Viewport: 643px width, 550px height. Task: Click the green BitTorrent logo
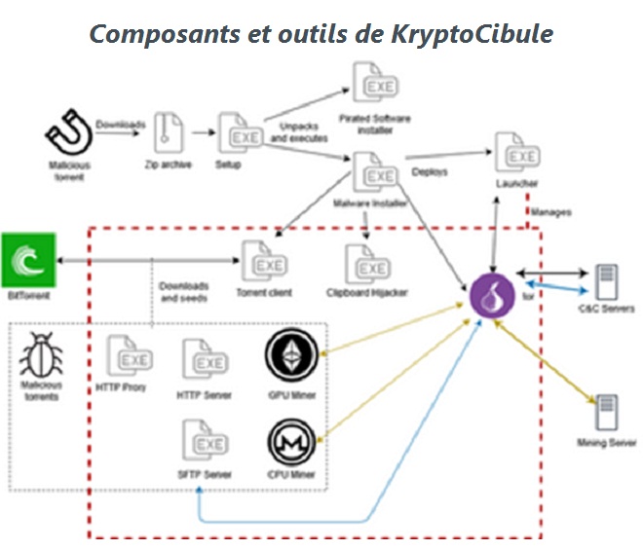coord(26,259)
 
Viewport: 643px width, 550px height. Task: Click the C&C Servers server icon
coord(606,282)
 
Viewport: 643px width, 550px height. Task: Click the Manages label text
coord(551,211)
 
